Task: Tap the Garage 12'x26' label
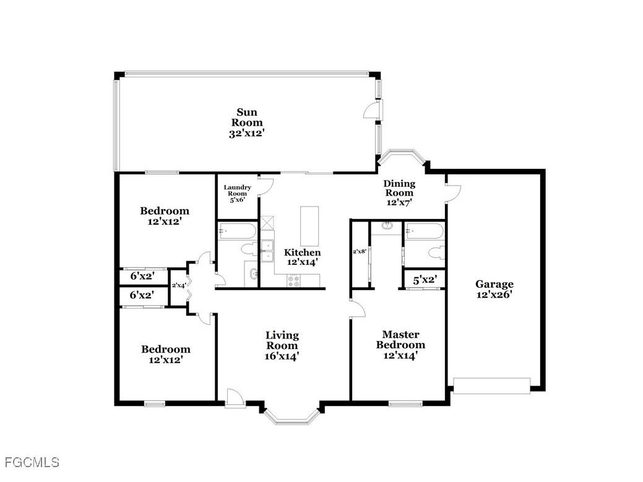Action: pos(494,289)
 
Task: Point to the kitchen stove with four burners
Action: pos(294,280)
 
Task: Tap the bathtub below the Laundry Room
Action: pos(236,232)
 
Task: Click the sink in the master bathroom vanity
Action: pos(387,226)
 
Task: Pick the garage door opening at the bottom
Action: pos(492,386)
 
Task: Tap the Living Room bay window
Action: pos(293,418)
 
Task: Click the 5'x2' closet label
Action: pos(425,280)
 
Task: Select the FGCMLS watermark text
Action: pos(32,462)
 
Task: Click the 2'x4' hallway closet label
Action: pos(179,285)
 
